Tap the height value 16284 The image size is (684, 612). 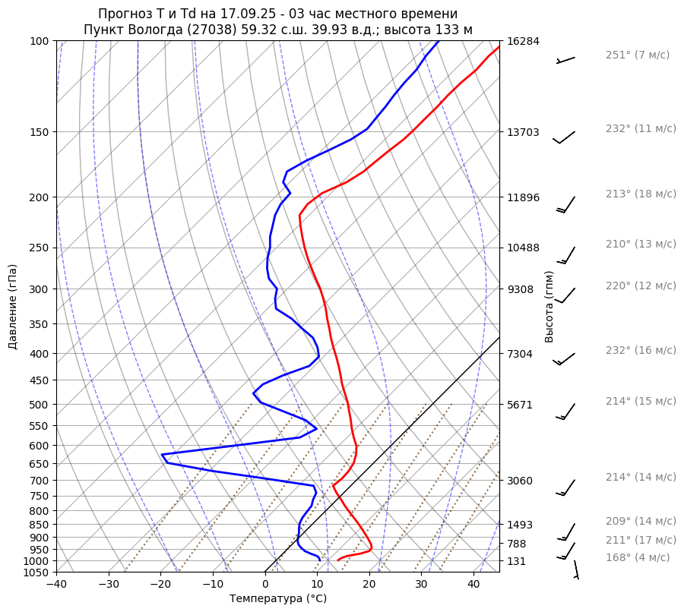point(523,41)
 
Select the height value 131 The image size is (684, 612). point(517,561)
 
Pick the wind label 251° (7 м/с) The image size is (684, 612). point(637,55)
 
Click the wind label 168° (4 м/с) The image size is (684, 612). point(637,557)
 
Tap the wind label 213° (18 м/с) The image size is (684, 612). point(640,194)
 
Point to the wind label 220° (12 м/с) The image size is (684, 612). point(640,285)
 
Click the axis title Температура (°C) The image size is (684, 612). point(277,599)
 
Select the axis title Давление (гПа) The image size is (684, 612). point(13,307)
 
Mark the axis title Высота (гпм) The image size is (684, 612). point(549,306)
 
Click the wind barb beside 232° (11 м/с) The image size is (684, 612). point(564,137)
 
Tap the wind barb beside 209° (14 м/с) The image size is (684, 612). point(567,532)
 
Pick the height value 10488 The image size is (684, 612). point(523,248)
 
